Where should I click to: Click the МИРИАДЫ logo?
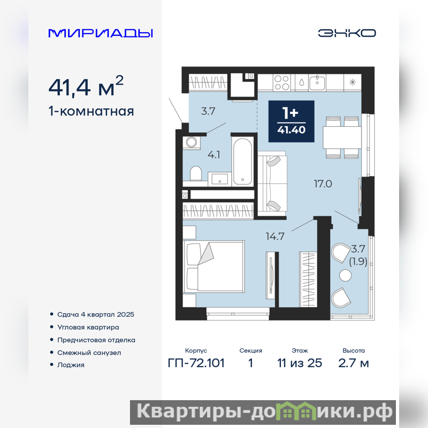tap(101, 33)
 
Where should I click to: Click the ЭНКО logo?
tap(347, 33)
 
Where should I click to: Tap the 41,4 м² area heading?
tap(86, 86)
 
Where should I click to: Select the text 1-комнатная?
tap(91, 111)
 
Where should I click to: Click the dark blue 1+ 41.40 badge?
tap(291, 121)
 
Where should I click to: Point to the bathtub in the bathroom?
tap(242, 161)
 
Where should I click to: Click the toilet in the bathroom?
tap(195, 173)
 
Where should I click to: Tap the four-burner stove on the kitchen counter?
tap(281, 82)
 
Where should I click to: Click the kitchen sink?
tap(317, 82)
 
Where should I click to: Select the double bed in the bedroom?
tap(213, 266)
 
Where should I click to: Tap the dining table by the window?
tap(342, 137)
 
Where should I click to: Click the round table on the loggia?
tap(345, 276)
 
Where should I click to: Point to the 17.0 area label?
tap(323, 184)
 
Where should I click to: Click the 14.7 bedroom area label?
tap(275, 236)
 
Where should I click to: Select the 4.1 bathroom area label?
tap(213, 155)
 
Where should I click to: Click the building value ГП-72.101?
tap(196, 363)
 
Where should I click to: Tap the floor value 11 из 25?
tap(300, 363)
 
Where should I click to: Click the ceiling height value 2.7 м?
tap(354, 363)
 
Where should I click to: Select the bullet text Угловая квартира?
tap(88, 327)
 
